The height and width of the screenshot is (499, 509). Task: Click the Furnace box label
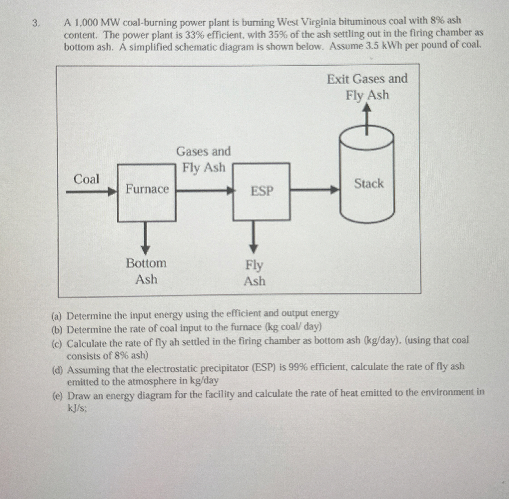point(147,189)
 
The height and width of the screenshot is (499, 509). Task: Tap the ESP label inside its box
point(262,191)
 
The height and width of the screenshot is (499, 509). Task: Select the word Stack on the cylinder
point(369,183)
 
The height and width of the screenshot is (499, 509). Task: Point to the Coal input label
point(86,180)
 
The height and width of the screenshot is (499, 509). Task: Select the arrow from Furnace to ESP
point(204,191)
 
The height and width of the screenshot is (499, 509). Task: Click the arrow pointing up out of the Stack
point(367,118)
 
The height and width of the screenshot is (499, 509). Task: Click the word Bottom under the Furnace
point(146,263)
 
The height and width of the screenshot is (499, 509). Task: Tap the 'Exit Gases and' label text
point(367,79)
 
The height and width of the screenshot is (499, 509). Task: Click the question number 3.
point(36,24)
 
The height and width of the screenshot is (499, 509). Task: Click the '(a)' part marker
point(57,316)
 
